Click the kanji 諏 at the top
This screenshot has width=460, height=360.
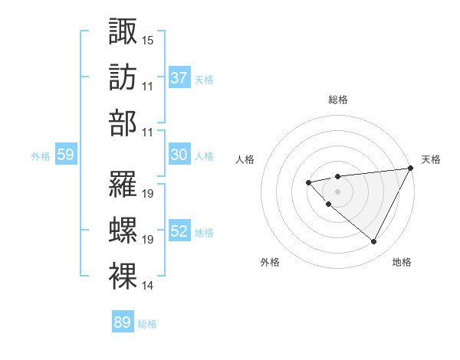pyautogui.click(x=123, y=31)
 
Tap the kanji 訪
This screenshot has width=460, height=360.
pyautogui.click(x=123, y=78)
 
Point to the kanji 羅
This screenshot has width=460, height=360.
pyautogui.click(x=123, y=185)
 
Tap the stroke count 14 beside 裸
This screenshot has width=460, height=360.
pyautogui.click(x=148, y=286)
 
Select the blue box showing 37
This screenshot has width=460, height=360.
pyautogui.click(x=179, y=78)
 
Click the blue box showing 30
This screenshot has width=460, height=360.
pyautogui.click(x=179, y=155)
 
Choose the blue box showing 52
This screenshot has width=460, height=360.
pyautogui.click(x=179, y=231)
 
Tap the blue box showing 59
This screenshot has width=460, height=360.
pyautogui.click(x=66, y=155)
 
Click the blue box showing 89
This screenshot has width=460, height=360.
pyautogui.click(x=123, y=322)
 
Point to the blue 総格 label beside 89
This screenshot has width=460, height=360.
pyautogui.click(x=147, y=323)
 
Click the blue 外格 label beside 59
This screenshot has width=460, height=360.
pyautogui.click(x=41, y=155)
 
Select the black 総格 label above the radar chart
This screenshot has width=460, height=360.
pyautogui.click(x=337, y=100)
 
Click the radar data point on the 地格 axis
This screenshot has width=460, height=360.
pyautogui.click(x=374, y=242)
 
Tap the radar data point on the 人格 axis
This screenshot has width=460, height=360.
pyautogui.click(x=308, y=182)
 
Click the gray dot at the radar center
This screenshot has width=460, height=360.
pyautogui.click(x=337, y=191)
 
